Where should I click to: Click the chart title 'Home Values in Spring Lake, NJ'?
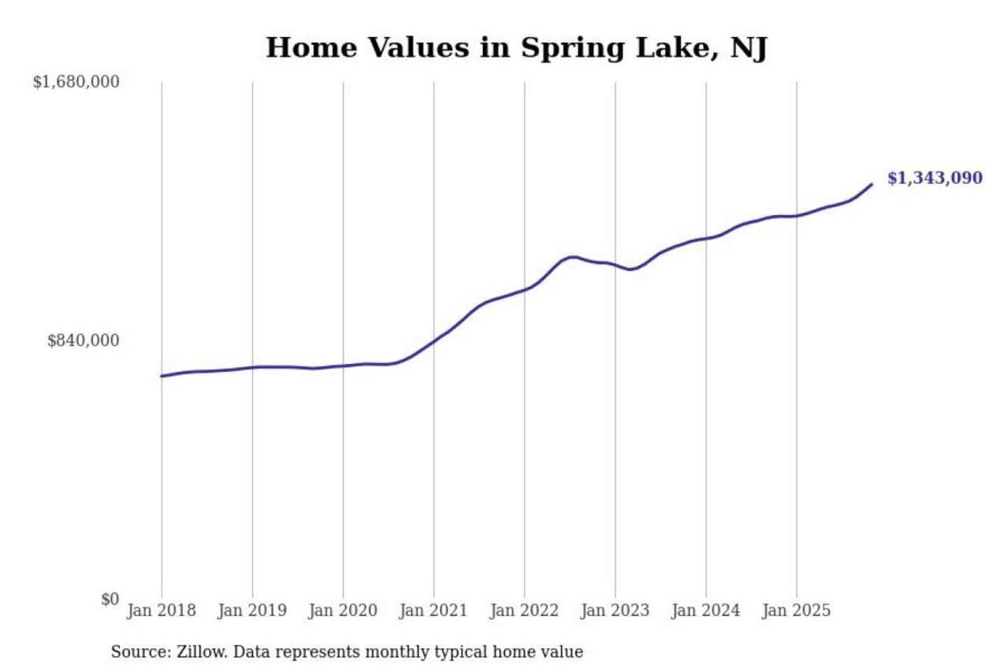click(517, 48)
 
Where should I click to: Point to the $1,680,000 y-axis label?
click(76, 82)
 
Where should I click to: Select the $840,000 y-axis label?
click(83, 340)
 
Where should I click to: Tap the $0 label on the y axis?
click(110, 599)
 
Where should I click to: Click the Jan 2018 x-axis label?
click(161, 610)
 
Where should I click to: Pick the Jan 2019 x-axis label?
click(252, 610)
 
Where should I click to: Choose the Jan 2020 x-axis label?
click(342, 610)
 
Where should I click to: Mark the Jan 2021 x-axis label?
click(433, 610)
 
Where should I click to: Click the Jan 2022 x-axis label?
click(524, 610)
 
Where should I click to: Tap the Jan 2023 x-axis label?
click(615, 610)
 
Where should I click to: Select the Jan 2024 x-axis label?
click(705, 610)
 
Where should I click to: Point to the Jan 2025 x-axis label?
click(796, 610)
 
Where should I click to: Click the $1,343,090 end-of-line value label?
click(934, 178)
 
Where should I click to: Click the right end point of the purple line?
click(871, 184)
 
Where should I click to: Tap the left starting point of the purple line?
click(162, 376)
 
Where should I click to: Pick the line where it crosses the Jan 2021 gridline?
click(434, 341)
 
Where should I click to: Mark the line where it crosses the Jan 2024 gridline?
click(706, 239)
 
